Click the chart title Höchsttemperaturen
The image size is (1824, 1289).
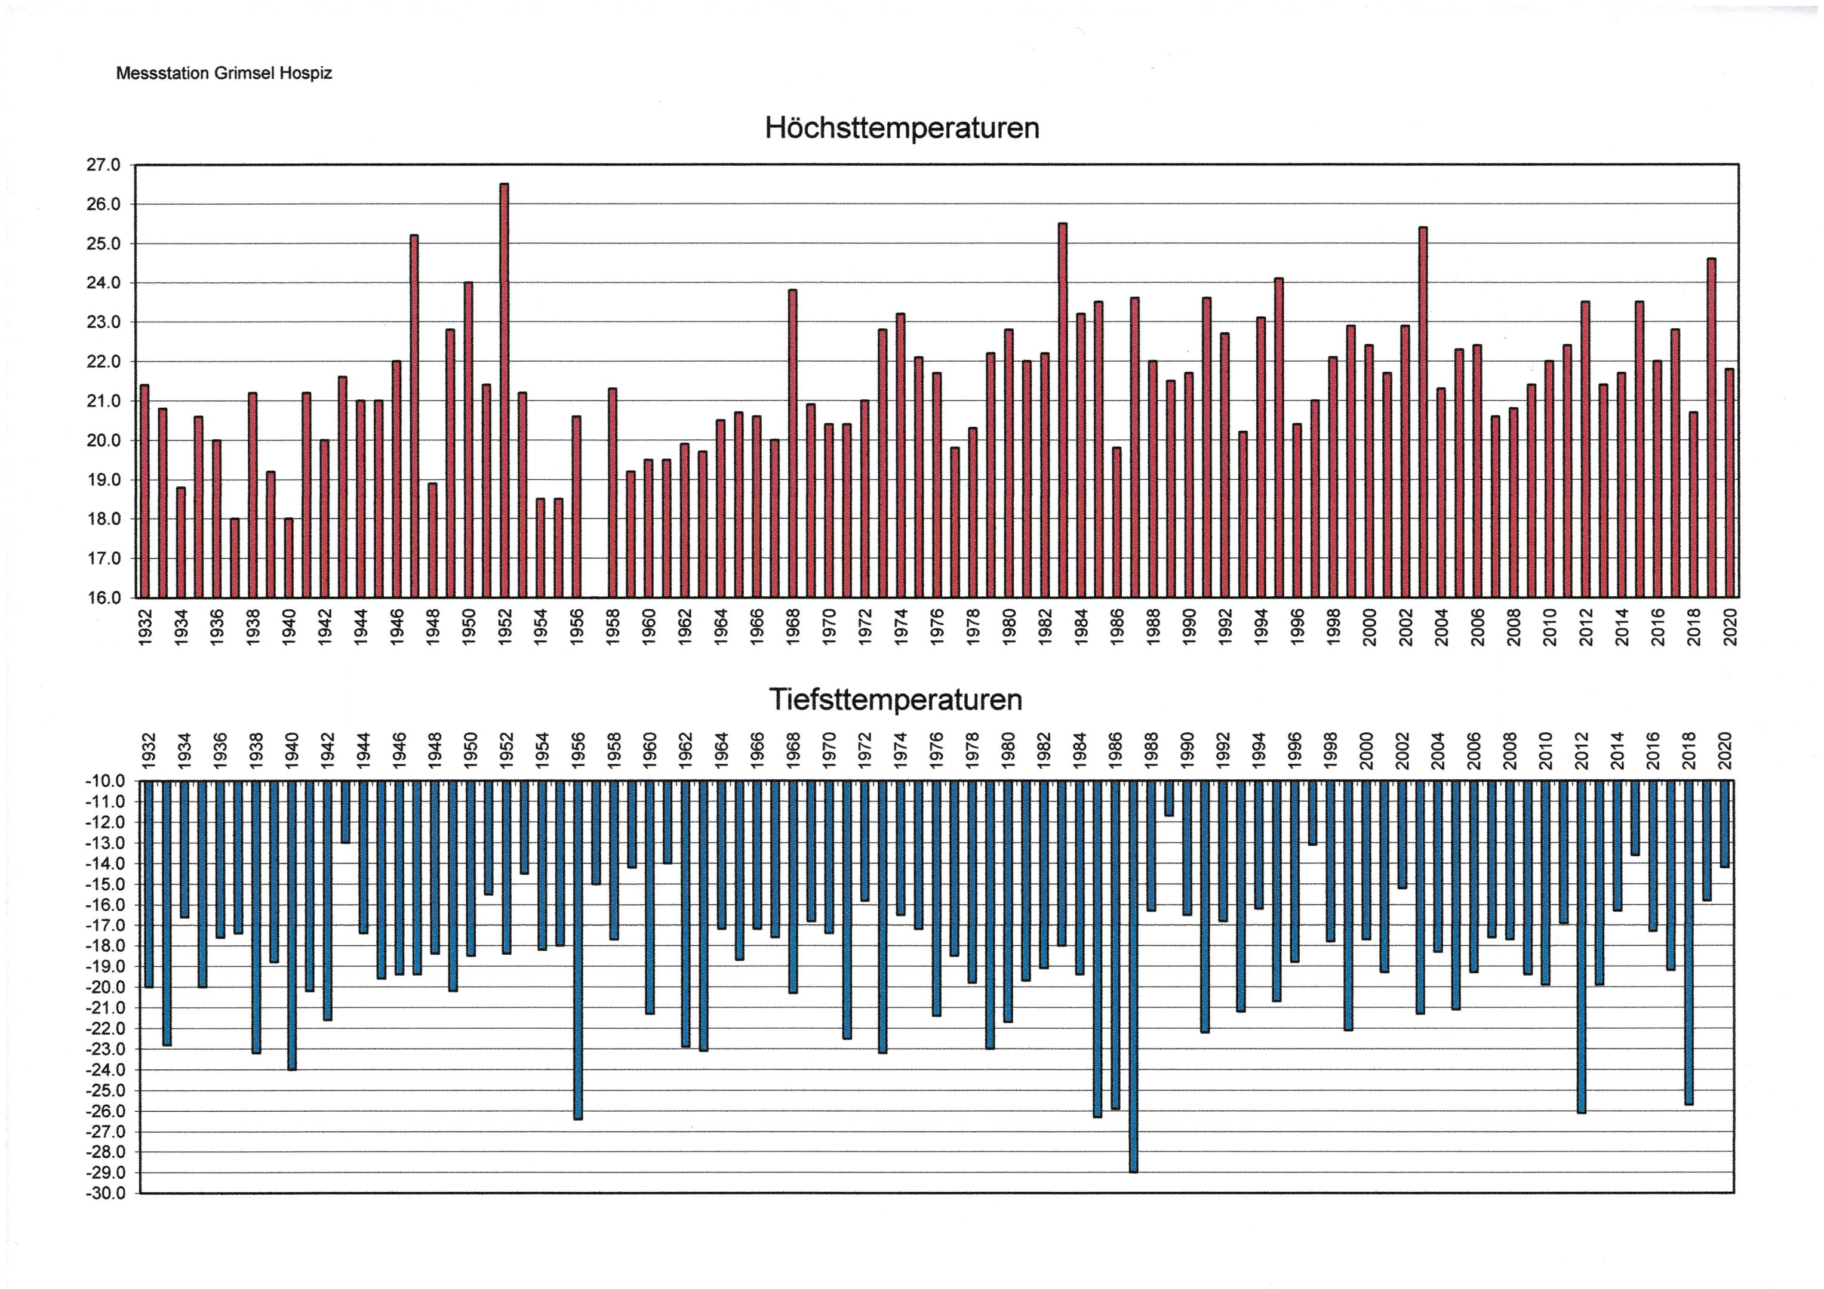(x=902, y=128)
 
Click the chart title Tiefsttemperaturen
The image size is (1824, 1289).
(x=896, y=699)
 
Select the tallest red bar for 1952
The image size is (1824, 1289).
(x=504, y=389)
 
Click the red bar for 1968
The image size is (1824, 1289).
(x=792, y=443)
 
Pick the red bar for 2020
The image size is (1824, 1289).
(x=1728, y=482)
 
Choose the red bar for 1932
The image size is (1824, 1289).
(x=144, y=491)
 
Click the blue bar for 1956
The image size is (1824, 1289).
(x=577, y=949)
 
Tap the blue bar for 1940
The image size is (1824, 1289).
(x=291, y=924)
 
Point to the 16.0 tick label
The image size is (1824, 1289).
(x=104, y=598)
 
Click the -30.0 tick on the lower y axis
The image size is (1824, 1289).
(x=106, y=1194)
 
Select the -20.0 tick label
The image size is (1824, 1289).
(x=106, y=987)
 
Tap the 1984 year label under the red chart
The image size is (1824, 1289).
(x=1081, y=627)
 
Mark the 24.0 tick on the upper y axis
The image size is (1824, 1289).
(x=104, y=283)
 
